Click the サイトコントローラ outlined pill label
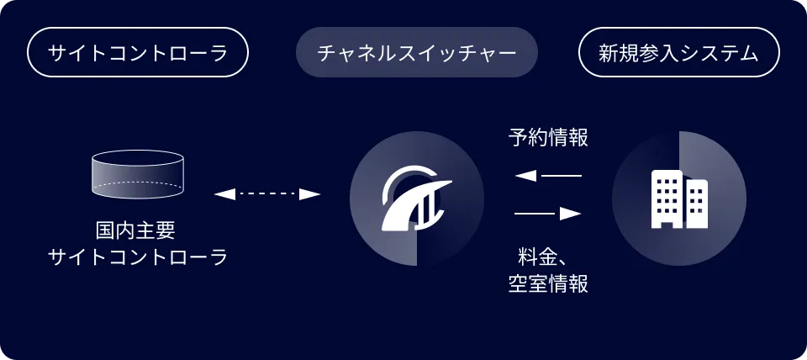[x=137, y=52]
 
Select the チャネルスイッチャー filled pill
[x=417, y=52]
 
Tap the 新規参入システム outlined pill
[x=679, y=52]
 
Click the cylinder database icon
[x=137, y=174]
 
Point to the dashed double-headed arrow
[x=267, y=194]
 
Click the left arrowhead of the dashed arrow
[x=224, y=194]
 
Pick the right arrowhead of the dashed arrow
[x=310, y=194]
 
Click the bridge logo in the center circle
[x=416, y=199]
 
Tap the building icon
[x=679, y=199]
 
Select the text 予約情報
[x=548, y=138]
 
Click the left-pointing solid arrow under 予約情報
[x=548, y=176]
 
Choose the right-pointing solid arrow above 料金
[x=548, y=213]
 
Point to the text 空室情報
[x=548, y=283]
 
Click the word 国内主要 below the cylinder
[x=136, y=230]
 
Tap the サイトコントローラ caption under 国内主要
[x=137, y=257]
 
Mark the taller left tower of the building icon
[x=667, y=199]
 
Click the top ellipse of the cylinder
[x=137, y=157]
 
